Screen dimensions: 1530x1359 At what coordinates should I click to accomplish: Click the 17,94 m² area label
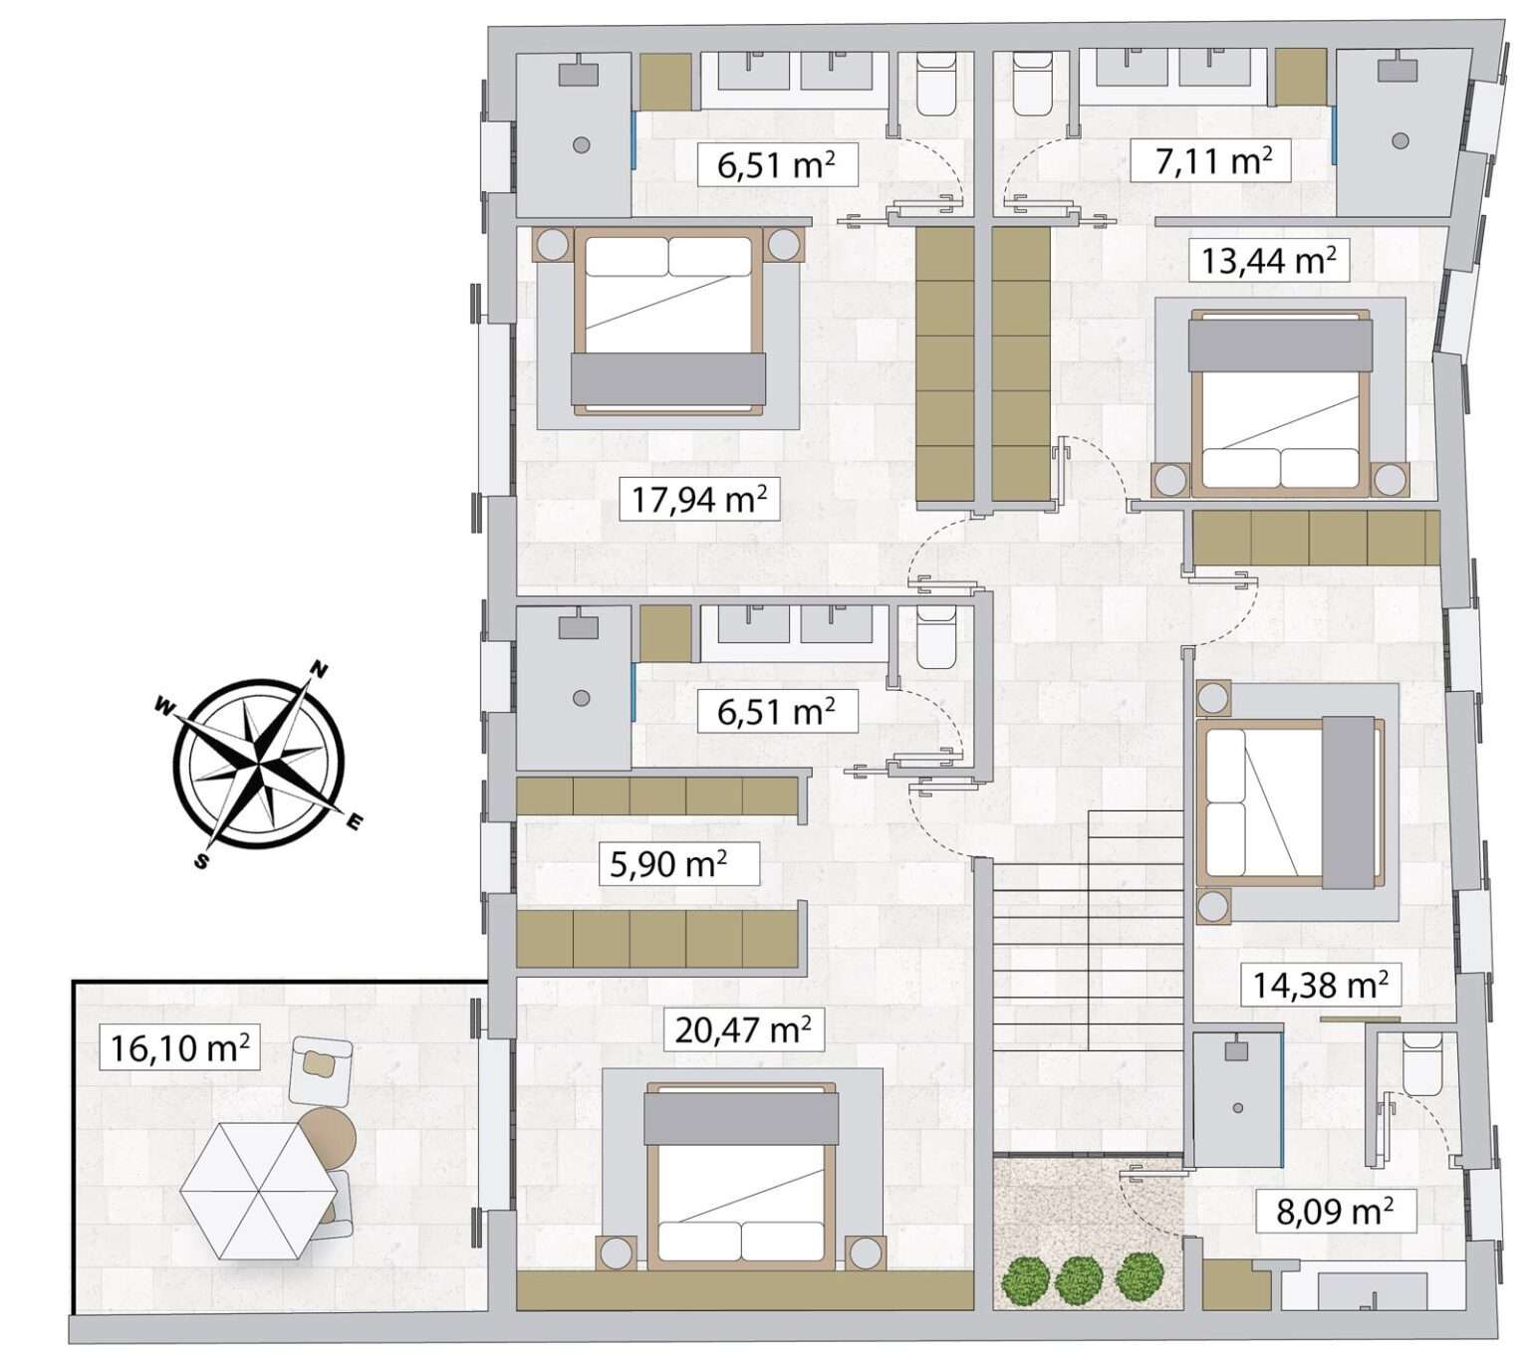pos(698,499)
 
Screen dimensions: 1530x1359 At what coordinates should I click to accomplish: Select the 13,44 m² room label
pos(1269,260)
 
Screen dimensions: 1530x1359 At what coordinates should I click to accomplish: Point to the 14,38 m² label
pos(1320,984)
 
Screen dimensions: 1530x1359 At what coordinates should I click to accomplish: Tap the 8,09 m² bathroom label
pos(1335,1211)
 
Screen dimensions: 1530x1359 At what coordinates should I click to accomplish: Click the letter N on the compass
pos(320,669)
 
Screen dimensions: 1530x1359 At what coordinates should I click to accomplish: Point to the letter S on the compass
pos(201,860)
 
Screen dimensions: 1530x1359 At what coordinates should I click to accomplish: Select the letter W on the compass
pos(163,705)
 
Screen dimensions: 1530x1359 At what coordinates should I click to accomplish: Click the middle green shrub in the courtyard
pos(1079,1276)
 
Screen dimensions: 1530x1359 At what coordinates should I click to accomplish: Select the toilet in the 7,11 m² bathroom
pos(1032,83)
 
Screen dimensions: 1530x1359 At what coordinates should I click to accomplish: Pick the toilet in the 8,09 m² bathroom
pos(1421,1063)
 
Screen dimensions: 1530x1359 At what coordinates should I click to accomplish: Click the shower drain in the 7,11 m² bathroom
pos(1401,140)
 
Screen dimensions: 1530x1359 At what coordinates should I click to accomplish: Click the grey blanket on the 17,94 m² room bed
pos(668,379)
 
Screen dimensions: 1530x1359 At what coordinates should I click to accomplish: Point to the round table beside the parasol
pos(327,1138)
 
